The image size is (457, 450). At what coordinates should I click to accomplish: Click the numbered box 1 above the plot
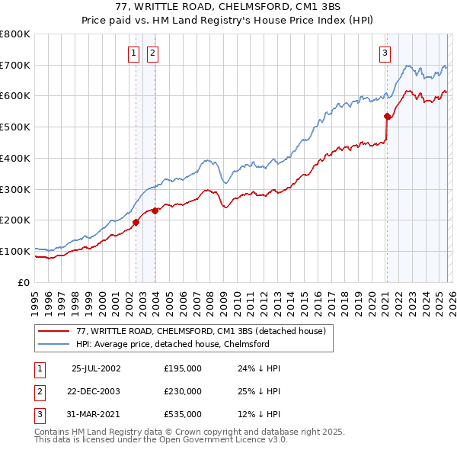point(134,53)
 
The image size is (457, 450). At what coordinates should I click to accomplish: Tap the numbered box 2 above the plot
point(152,53)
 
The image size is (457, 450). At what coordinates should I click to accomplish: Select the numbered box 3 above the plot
point(385,53)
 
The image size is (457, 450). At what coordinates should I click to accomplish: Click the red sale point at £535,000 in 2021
point(387,117)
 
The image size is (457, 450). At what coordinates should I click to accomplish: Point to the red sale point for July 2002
point(136,222)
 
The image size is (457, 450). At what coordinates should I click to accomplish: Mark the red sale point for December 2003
point(155,211)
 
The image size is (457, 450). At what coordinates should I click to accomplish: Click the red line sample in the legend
point(54,331)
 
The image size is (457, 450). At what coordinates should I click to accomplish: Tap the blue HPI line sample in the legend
point(54,344)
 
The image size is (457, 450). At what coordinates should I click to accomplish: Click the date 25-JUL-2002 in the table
point(96,368)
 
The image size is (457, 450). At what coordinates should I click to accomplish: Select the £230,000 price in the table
point(183,391)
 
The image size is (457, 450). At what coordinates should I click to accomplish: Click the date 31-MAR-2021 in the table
point(96,414)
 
